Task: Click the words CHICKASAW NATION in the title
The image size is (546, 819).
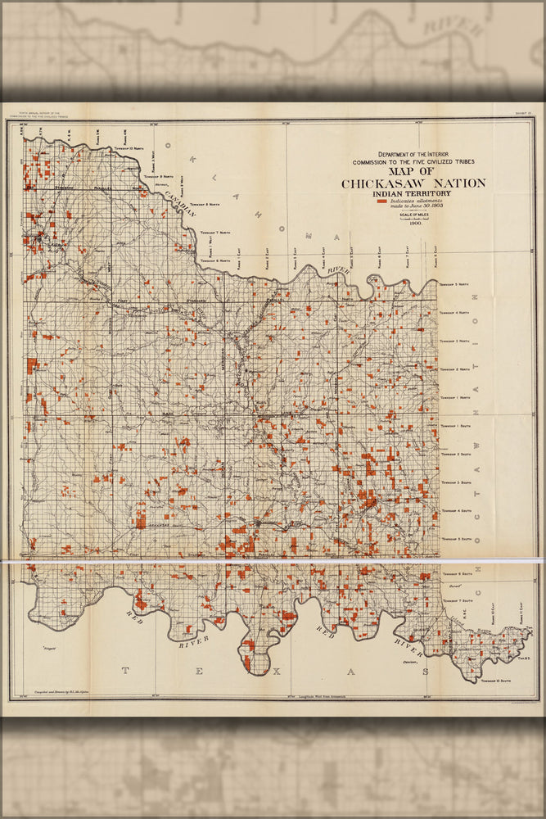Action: [413, 183]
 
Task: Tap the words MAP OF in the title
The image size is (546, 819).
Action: [413, 170]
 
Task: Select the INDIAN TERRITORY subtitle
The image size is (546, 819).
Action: [413, 194]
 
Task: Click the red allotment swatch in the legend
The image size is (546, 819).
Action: [381, 201]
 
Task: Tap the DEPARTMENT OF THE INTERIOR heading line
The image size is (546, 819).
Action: [413, 154]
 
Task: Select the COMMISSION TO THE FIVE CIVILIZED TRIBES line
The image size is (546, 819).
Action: [413, 161]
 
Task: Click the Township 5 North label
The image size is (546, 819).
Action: [455, 284]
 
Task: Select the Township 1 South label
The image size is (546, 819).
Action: [455, 427]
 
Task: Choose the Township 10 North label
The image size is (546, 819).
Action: [131, 148]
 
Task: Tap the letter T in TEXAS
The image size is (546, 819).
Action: [125, 671]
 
